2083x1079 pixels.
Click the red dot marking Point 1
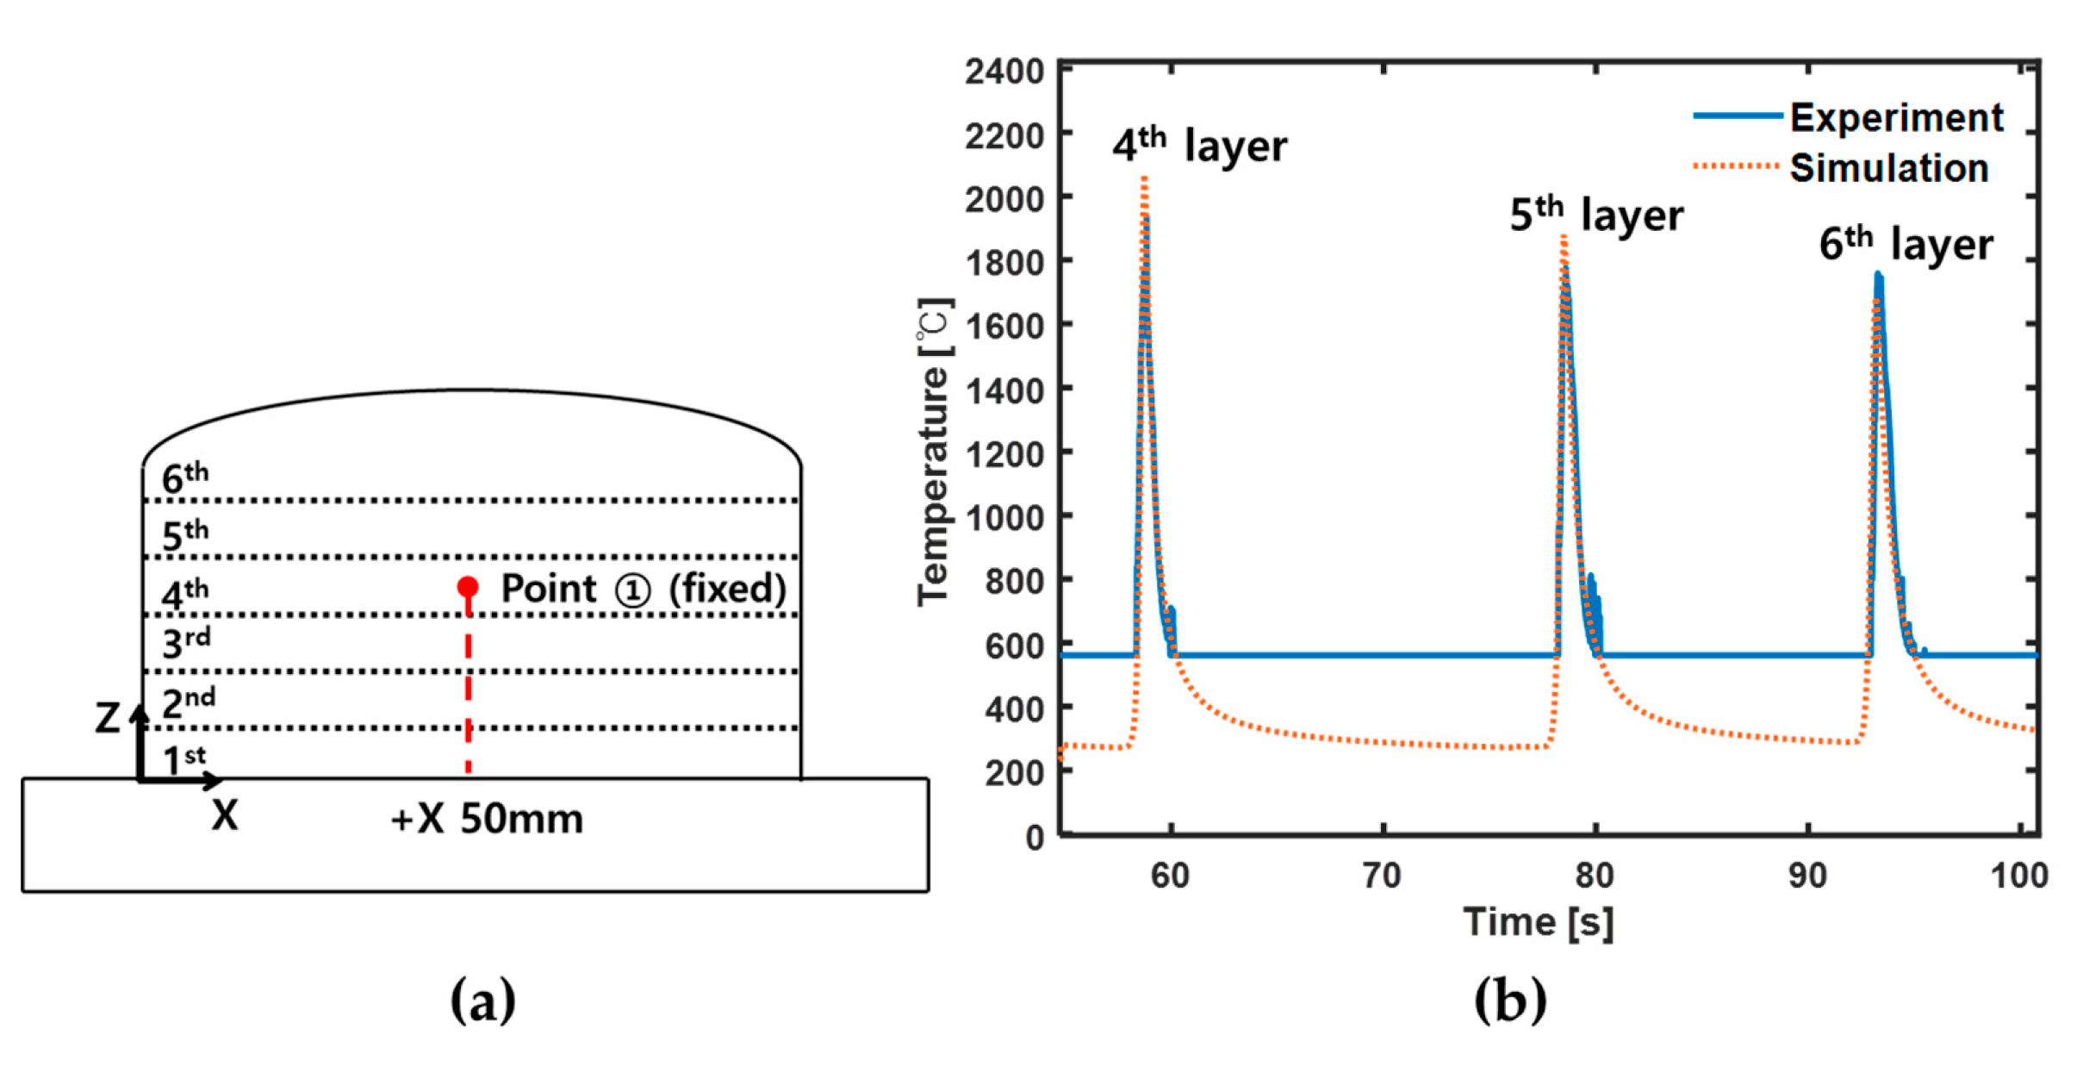tap(468, 588)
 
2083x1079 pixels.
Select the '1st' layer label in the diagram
tap(184, 759)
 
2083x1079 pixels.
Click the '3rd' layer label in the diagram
tap(186, 643)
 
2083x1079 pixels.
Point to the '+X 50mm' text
tap(487, 819)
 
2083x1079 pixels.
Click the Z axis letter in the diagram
tap(108, 718)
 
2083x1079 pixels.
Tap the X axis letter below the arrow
tap(225, 814)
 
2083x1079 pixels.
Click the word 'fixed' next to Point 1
tap(727, 589)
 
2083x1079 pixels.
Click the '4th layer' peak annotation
tap(1199, 145)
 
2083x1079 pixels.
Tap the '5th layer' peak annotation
tap(1596, 214)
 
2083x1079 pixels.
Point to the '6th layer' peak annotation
tap(1906, 244)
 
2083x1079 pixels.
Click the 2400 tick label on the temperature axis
tap(1004, 72)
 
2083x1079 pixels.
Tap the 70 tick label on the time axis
tap(1383, 876)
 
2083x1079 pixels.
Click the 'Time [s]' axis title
tap(1539, 922)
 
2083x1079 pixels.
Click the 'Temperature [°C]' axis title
tap(934, 452)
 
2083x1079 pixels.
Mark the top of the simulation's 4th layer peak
tap(1144, 178)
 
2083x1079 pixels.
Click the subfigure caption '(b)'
tap(1509, 1000)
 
